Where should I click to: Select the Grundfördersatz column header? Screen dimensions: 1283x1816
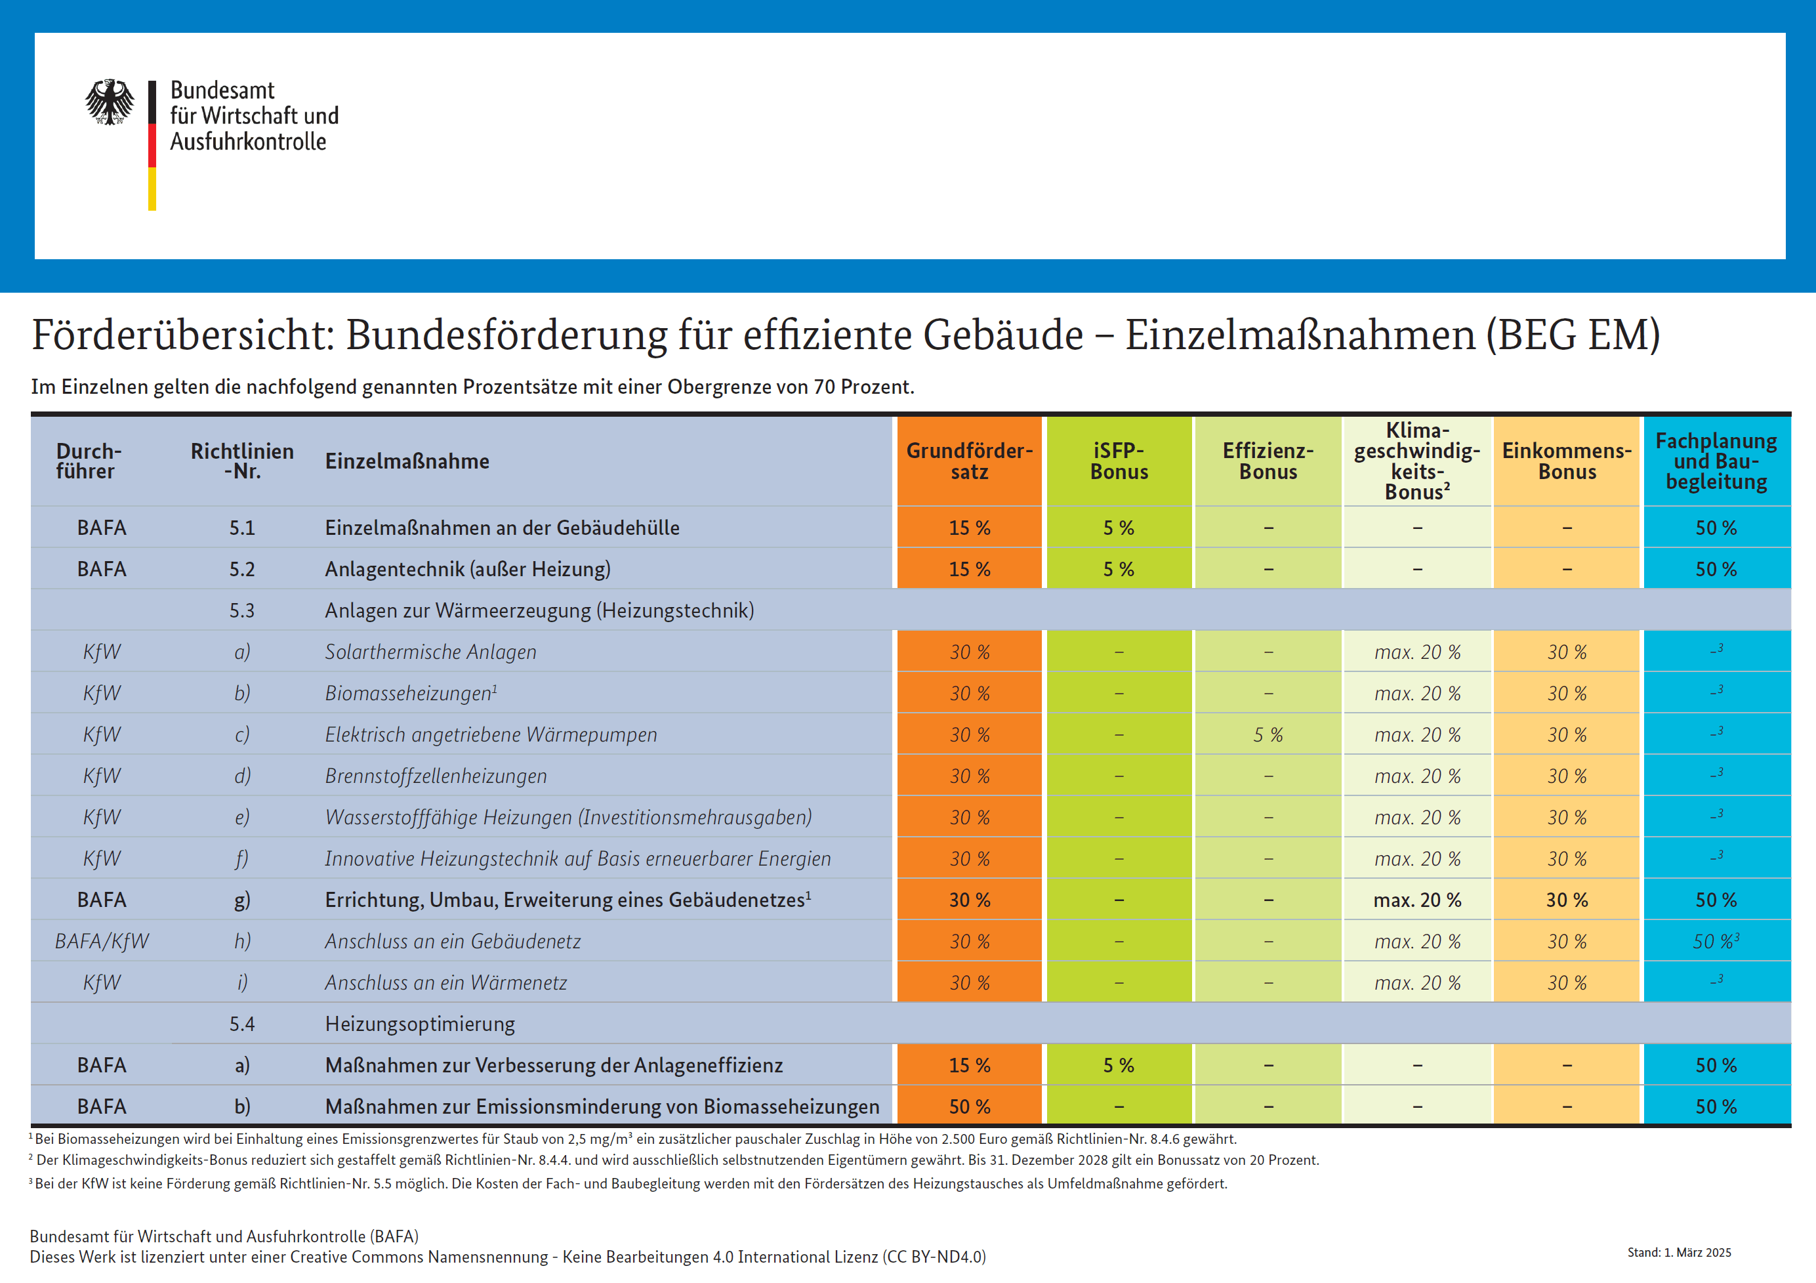click(969, 461)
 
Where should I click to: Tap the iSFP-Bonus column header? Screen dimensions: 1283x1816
click(1119, 461)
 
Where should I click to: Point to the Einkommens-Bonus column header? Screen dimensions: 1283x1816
click(1566, 461)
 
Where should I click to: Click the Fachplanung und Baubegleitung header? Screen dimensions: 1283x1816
click(1716, 461)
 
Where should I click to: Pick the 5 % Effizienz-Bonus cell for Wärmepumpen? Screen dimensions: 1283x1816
click(1268, 735)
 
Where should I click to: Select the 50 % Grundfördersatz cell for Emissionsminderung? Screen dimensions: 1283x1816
click(969, 1106)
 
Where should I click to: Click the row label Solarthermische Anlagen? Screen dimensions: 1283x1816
click(430, 652)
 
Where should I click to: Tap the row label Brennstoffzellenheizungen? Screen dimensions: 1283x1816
click(436, 776)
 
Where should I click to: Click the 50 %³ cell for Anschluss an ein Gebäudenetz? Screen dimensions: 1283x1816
click(1716, 941)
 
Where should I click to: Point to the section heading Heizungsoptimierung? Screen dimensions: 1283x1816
click(419, 1024)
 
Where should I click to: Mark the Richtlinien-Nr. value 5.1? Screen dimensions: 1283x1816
click(242, 528)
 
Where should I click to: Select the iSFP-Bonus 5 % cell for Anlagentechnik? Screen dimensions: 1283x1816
click(1119, 570)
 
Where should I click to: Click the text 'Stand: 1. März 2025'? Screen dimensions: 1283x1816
click(1678, 1252)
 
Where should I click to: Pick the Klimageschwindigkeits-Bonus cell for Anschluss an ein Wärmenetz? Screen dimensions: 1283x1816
click(1417, 982)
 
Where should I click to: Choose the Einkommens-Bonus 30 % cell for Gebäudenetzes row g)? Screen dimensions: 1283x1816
click(1566, 900)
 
